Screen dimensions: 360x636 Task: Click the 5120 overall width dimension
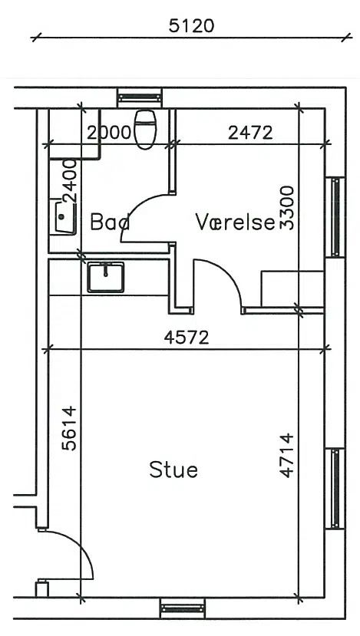click(x=191, y=26)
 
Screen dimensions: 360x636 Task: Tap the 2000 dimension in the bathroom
click(x=110, y=133)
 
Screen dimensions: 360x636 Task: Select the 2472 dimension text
click(x=250, y=133)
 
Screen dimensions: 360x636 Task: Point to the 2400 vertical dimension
click(x=70, y=181)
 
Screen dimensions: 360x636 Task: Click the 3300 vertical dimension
click(x=287, y=208)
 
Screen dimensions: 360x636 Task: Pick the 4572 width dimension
click(x=187, y=338)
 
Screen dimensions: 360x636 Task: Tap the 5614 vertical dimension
click(x=69, y=428)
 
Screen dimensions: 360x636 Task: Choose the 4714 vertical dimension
click(x=286, y=455)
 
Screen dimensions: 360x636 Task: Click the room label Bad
click(x=110, y=222)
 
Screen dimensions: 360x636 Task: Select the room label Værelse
click(x=236, y=222)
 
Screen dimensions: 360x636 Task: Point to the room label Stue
click(x=173, y=470)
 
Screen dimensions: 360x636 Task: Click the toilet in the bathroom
click(x=145, y=130)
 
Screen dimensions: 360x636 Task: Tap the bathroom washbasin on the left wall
click(x=63, y=216)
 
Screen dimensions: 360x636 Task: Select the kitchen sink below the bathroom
click(x=106, y=277)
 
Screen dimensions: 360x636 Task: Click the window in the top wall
click(x=140, y=97)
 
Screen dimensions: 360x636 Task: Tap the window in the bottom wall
click(x=183, y=608)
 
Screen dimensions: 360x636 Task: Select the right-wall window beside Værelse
click(x=335, y=217)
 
